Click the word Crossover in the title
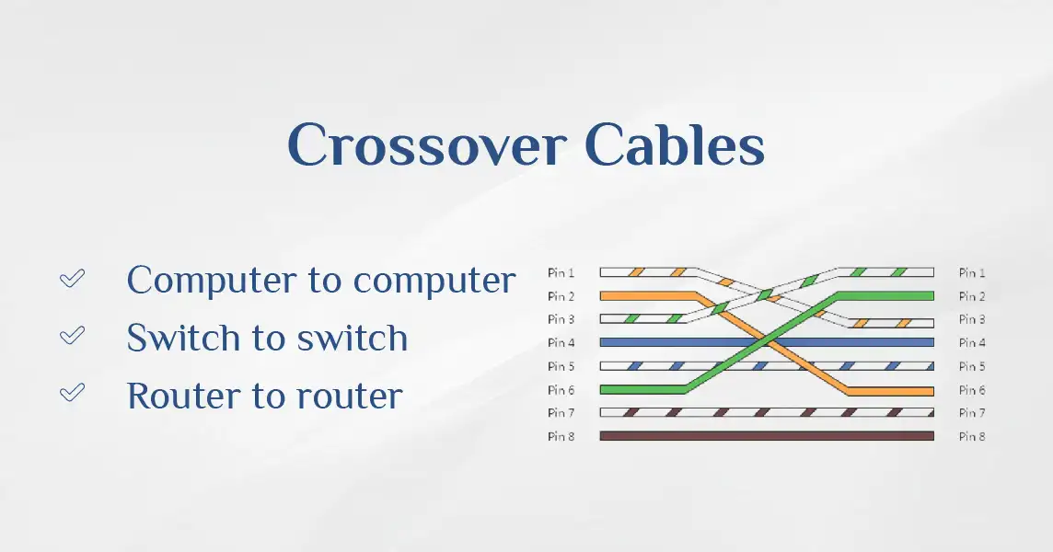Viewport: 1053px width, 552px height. click(426, 144)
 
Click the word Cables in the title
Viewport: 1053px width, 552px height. click(675, 144)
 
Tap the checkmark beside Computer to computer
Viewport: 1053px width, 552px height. click(72, 278)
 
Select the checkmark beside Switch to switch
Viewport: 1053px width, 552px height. click(72, 335)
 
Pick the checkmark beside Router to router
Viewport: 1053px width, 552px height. click(72, 392)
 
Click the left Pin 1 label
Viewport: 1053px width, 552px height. click(561, 272)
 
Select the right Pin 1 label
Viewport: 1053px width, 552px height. click(972, 272)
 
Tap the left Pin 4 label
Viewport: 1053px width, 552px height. click(561, 342)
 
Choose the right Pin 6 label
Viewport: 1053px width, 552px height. click(972, 390)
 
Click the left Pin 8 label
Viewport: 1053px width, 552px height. click(561, 436)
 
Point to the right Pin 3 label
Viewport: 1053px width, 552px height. click(972, 319)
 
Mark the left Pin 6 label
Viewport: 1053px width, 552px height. click(561, 390)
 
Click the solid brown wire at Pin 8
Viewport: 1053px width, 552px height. click(767, 436)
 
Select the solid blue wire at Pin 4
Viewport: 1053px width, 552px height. click(767, 342)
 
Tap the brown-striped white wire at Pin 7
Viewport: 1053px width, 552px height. click(767, 412)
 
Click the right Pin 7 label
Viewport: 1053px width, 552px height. click(972, 413)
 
